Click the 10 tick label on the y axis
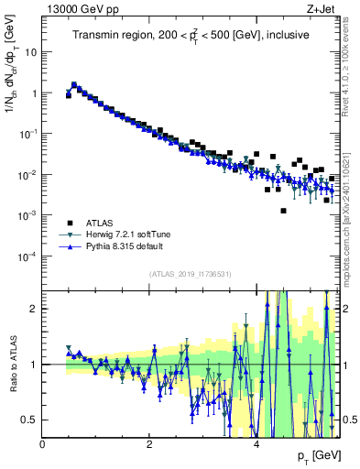coord(29,51)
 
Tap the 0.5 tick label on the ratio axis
coord(29,420)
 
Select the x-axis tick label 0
coord(42,443)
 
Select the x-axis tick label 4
coord(256,443)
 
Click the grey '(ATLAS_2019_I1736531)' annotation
coord(191,274)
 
